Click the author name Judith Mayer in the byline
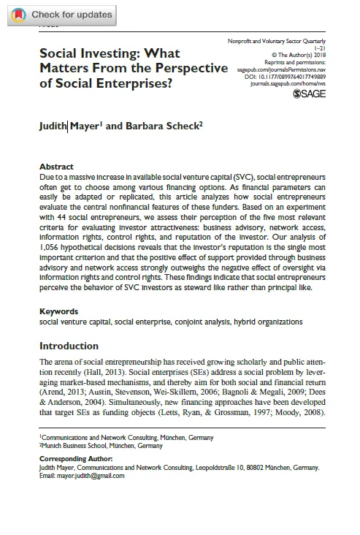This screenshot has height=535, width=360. point(69,125)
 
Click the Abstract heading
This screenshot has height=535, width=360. point(56,167)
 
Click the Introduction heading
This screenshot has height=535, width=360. point(73,346)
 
